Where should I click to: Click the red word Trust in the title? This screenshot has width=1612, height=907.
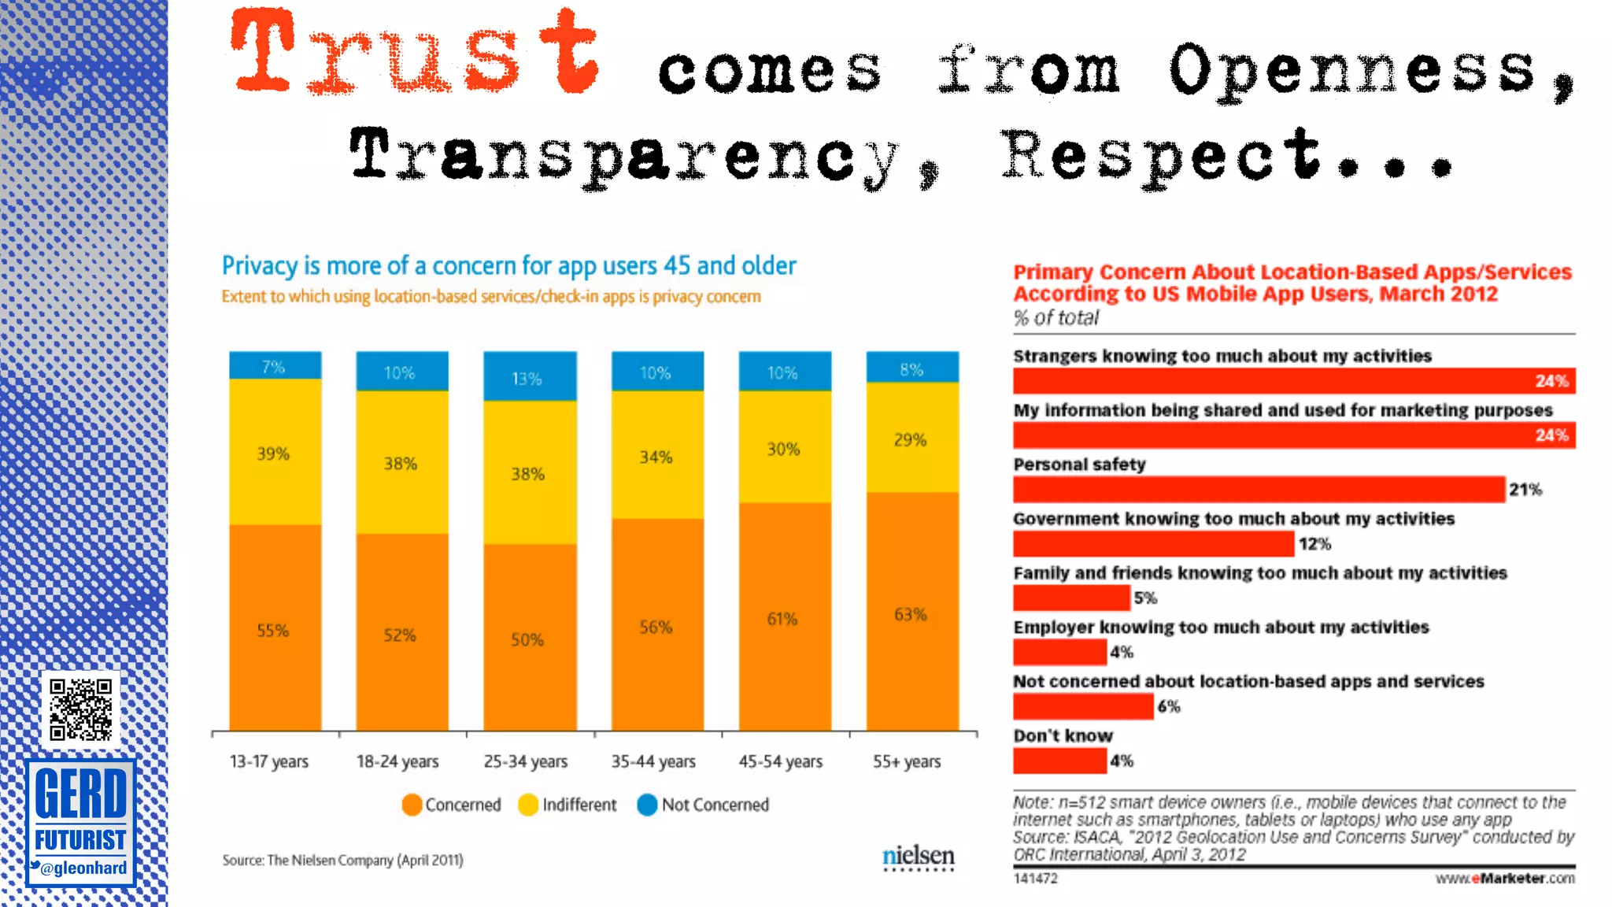[415, 54]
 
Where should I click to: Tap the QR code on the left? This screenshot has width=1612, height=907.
[80, 709]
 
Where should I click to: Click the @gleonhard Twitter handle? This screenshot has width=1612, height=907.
[82, 868]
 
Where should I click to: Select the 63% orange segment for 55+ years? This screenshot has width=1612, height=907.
[911, 613]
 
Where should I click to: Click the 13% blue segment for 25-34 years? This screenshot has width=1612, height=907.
[529, 377]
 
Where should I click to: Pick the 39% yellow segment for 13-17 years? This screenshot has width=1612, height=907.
[275, 453]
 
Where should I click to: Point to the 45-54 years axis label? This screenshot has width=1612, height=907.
[780, 761]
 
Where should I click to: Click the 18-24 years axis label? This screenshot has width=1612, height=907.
[397, 761]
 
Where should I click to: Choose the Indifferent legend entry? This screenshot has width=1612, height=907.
[568, 805]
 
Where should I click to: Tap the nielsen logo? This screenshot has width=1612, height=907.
[918, 857]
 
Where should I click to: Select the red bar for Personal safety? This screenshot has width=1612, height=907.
[1258, 489]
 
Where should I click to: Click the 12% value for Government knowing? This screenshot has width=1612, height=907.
[1314, 544]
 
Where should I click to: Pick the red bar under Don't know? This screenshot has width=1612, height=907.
[1059, 761]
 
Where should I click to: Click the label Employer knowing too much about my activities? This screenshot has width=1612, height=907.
[1220, 627]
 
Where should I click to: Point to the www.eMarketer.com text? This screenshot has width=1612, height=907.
[1504, 878]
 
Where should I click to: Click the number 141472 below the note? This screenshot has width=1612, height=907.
[1035, 878]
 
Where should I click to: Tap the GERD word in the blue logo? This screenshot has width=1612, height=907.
[80, 794]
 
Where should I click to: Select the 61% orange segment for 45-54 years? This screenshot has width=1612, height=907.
[784, 618]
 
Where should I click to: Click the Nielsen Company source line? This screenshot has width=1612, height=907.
[342, 860]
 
